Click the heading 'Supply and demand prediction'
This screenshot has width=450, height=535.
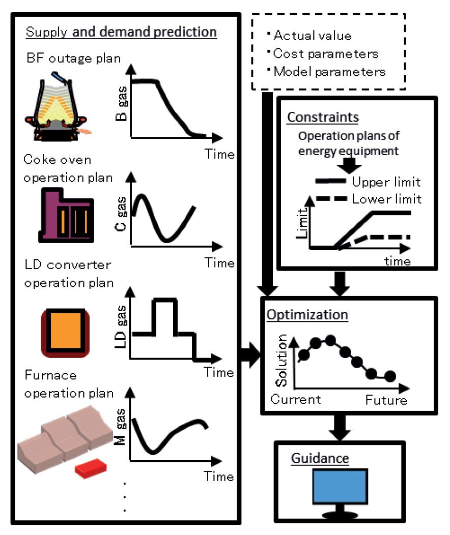click(121, 32)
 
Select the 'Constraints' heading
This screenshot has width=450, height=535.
click(323, 117)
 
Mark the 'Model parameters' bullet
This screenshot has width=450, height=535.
click(329, 71)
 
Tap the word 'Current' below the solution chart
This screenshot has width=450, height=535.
click(296, 399)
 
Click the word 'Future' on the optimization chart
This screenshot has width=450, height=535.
click(386, 400)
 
